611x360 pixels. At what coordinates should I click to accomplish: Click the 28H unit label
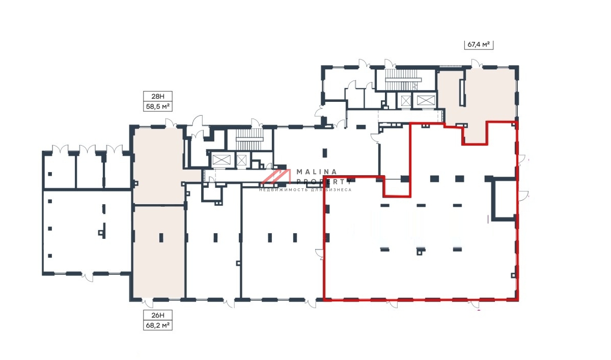click(158, 96)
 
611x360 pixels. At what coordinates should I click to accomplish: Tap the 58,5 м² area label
click(158, 106)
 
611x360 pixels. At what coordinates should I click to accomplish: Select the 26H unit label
click(158, 315)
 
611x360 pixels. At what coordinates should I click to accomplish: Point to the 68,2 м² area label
click(158, 325)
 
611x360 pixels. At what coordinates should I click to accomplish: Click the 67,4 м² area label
click(479, 44)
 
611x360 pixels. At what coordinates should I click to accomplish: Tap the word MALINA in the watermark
click(317, 172)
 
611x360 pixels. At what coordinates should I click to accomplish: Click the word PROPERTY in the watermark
click(324, 181)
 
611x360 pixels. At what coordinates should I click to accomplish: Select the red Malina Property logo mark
click(276, 176)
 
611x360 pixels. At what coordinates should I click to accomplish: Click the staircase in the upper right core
click(403, 79)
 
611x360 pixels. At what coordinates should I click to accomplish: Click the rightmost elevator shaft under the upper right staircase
click(426, 100)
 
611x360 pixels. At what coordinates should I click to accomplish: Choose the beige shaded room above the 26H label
click(159, 252)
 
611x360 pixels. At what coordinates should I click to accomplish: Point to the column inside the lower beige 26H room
click(161, 238)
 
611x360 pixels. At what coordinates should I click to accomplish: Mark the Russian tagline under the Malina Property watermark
click(305, 190)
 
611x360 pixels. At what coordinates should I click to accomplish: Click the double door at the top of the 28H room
click(171, 123)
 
